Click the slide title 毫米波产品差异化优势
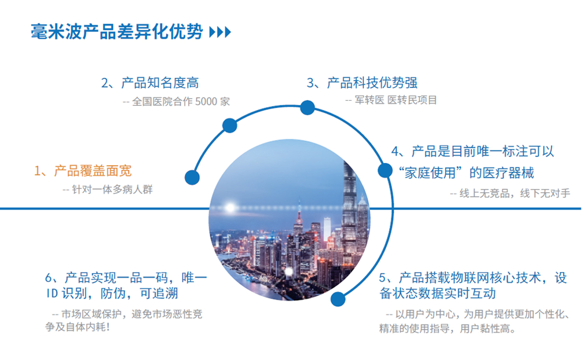[117, 32]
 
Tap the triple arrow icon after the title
[220, 32]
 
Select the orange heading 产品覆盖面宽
[93, 171]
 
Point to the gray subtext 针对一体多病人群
[112, 189]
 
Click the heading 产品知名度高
[160, 83]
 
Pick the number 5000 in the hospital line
[206, 101]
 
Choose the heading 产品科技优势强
[372, 83]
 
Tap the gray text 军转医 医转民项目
[396, 100]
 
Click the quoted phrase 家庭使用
[430, 173]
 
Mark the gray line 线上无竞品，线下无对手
[515, 193]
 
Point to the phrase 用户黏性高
[485, 329]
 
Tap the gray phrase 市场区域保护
[91, 314]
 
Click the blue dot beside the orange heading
[192, 177]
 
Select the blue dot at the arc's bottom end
[338, 299]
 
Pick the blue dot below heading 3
[307, 108]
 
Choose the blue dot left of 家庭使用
[385, 170]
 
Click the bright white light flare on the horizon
[230, 208]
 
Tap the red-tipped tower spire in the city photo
[299, 213]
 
